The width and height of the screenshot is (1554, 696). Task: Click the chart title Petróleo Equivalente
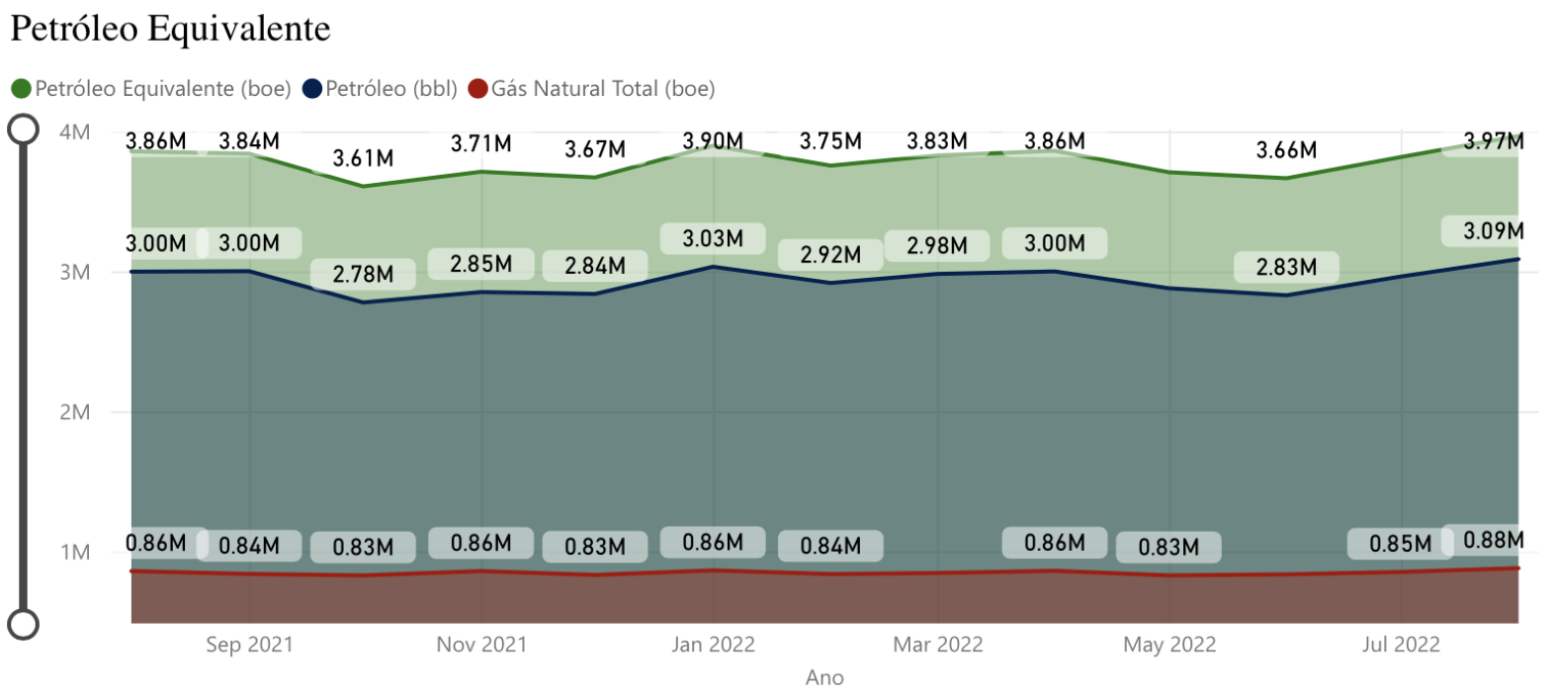pos(170,29)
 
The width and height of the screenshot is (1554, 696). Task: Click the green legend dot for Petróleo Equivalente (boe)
pos(22,89)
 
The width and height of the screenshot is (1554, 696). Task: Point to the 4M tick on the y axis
pos(75,131)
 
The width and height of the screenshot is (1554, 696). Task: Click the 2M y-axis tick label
pos(75,412)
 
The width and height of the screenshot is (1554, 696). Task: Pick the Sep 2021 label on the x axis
pos(250,645)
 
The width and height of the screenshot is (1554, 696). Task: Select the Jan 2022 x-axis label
pos(713,645)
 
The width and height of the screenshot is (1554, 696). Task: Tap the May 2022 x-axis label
pos(1169,645)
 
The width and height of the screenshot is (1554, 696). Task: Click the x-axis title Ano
pos(824,677)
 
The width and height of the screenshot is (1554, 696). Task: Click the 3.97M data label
pos(1494,141)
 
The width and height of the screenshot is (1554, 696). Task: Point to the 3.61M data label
pos(363,158)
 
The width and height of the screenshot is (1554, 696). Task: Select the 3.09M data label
pos(1494,231)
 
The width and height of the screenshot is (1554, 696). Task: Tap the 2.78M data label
pos(363,274)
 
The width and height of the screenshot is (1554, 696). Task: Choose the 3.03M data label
pos(713,238)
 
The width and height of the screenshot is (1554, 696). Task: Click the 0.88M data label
pos(1494,540)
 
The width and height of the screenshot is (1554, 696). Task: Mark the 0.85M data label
pos(1400,544)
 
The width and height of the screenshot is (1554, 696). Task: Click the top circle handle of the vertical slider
pos(23,130)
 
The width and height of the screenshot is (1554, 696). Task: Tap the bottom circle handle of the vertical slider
pos(23,624)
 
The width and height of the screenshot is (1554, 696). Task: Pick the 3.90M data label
pos(713,141)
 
